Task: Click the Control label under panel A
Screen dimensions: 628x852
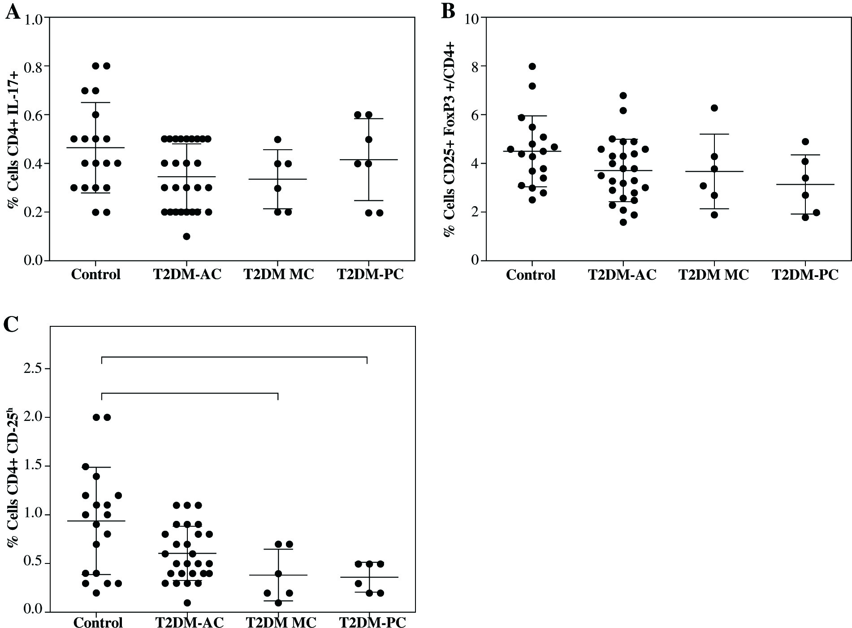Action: click(x=95, y=274)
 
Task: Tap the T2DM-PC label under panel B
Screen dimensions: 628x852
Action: click(x=805, y=275)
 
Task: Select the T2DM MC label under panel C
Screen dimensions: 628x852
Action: click(x=281, y=623)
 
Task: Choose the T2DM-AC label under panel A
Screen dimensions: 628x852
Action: click(x=187, y=274)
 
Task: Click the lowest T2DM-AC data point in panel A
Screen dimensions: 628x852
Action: click(x=186, y=236)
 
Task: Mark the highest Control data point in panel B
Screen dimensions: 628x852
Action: click(x=532, y=66)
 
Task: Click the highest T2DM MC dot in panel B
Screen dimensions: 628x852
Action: click(x=714, y=108)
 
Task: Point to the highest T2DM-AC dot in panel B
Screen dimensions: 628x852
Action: click(x=623, y=95)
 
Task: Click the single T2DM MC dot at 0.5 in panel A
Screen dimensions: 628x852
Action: click(x=278, y=139)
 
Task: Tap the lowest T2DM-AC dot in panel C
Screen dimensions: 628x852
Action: click(x=187, y=603)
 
